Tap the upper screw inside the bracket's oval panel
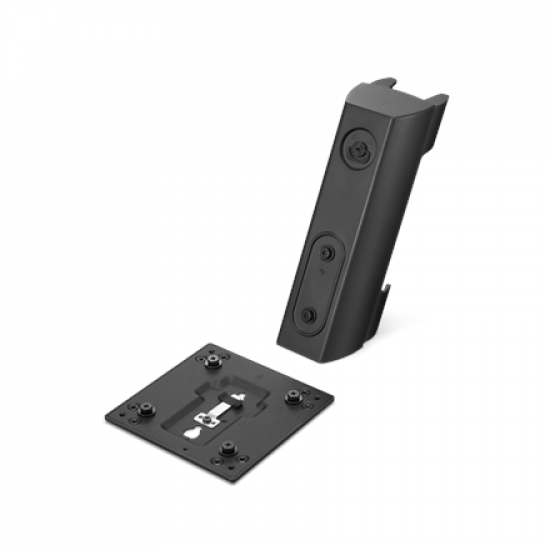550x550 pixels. pyautogui.click(x=329, y=247)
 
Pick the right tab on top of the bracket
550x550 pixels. pyautogui.click(x=437, y=101)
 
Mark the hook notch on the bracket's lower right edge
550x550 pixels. pyautogui.click(x=387, y=295)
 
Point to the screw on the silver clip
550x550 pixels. pyautogui.click(x=212, y=412)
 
